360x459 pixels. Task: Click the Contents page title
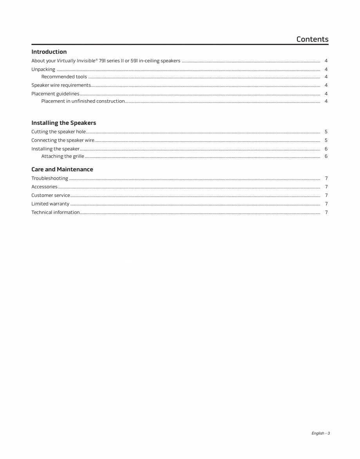312,39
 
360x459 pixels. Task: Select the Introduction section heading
49,52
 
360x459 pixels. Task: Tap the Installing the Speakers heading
63,123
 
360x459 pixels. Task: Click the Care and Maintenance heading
62,169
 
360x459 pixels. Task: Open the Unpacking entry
43,69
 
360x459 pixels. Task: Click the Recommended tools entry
64,77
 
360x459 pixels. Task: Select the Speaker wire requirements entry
61,85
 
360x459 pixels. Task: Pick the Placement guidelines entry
55,94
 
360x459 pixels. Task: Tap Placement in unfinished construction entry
83,101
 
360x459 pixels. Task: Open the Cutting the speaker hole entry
58,132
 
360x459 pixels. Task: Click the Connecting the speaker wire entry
63,140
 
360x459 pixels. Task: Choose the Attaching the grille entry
63,157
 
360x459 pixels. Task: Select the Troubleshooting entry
50,178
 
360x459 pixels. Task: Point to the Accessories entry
44,187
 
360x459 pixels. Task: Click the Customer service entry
51,195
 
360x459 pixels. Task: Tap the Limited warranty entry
50,204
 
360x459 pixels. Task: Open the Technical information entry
55,212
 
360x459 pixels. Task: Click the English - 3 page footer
320,433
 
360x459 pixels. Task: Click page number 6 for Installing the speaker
326,149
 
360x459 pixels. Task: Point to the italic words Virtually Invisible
77,61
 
